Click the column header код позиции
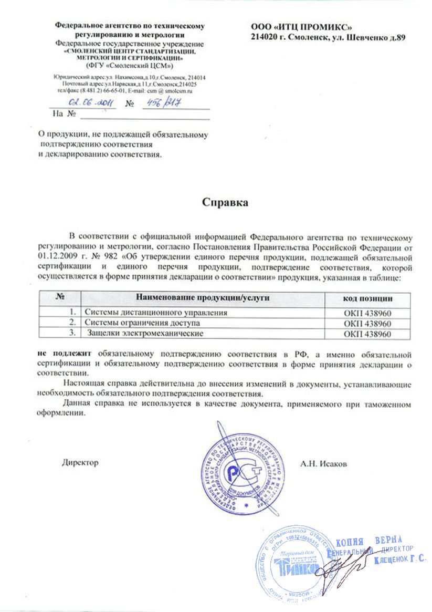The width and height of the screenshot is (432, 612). pos(368,298)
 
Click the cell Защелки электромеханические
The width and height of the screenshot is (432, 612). pos(145,333)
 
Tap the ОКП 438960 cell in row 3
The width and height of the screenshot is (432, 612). pos(368,333)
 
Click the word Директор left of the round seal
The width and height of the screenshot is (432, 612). pos(80,463)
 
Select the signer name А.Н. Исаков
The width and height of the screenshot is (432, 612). pos(324,463)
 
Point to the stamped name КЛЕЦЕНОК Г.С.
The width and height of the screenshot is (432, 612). pos(399,560)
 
